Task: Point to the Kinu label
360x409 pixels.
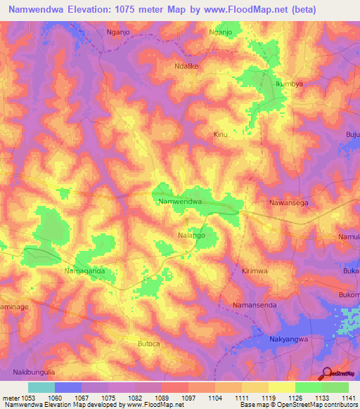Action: (220, 134)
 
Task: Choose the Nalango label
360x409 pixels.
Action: (191, 235)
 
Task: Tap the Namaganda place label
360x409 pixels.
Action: (84, 271)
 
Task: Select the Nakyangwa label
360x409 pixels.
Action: (290, 339)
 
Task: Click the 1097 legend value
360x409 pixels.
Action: (188, 398)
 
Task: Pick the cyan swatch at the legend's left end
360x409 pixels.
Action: (41, 387)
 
